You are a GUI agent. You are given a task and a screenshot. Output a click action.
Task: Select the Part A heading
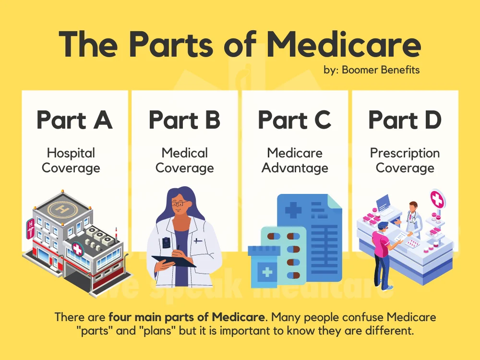(74, 120)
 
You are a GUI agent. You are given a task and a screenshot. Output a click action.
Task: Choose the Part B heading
(184, 120)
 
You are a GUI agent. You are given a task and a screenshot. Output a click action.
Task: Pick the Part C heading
(294, 120)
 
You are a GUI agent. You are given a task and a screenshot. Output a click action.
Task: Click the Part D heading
(405, 120)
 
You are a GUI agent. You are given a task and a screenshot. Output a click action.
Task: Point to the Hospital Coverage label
(71, 160)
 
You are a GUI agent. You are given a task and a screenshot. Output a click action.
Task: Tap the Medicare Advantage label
(295, 160)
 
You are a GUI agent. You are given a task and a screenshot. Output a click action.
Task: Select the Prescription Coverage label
(405, 160)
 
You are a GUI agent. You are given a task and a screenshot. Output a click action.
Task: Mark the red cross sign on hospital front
(76, 248)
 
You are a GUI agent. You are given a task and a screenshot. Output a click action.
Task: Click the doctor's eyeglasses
(179, 204)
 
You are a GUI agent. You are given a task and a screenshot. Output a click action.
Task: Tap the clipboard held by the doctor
(174, 261)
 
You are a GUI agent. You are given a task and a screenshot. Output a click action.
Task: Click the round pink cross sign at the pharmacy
(437, 198)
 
